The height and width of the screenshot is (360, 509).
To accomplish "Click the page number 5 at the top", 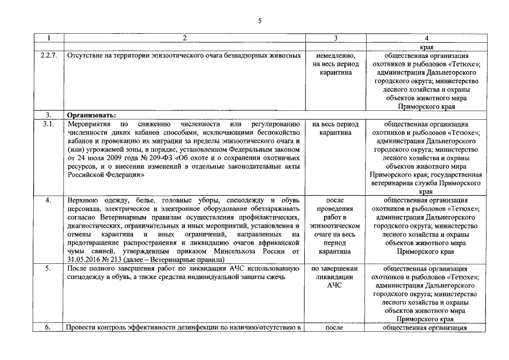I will tap(259, 21).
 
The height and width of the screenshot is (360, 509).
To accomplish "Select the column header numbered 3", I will tap(335, 38).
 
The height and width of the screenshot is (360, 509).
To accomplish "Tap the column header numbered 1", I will tap(48, 38).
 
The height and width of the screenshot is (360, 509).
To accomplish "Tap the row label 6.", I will tap(48, 327).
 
